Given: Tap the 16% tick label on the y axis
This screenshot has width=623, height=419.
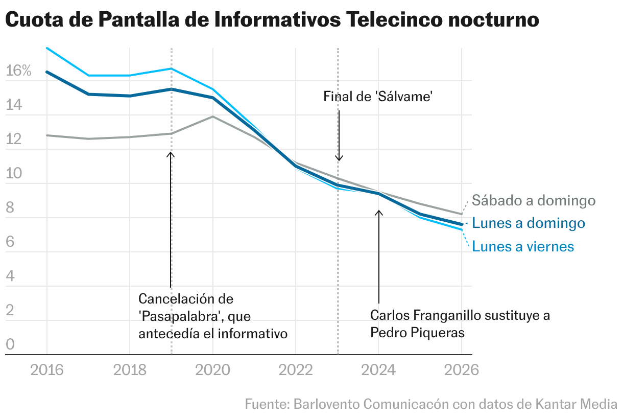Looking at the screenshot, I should [18, 71].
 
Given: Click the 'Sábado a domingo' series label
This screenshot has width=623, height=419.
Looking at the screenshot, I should [534, 200].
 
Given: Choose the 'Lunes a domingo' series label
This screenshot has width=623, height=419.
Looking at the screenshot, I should [529, 223].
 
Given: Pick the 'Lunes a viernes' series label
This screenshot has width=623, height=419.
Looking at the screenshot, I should [523, 246].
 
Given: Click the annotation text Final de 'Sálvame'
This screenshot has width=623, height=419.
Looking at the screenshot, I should [378, 96].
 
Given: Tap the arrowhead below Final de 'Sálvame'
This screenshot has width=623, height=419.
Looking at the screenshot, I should [339, 158].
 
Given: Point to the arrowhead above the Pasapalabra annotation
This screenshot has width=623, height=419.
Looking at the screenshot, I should [171, 154].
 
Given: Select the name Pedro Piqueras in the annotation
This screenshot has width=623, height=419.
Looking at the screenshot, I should [417, 332].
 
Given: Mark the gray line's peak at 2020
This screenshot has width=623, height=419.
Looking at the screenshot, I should [212, 117].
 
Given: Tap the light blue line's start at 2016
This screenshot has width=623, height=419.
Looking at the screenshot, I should [47, 48].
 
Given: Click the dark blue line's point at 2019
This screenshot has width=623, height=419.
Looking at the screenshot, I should [171, 89].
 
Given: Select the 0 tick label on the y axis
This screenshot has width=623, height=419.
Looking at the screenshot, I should [10, 345].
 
